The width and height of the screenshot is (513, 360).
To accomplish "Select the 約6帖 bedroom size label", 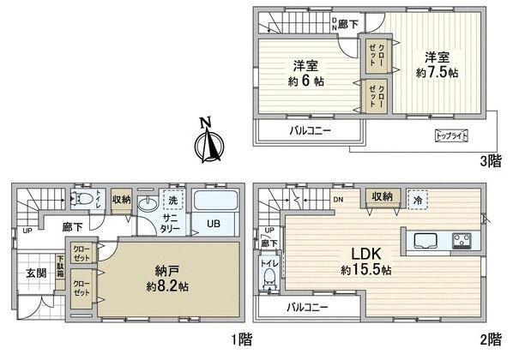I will (x=305, y=81).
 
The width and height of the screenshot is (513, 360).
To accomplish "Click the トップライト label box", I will (x=452, y=135).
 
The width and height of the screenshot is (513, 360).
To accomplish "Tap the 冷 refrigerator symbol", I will (x=416, y=196).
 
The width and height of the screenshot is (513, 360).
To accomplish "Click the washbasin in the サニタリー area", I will (x=149, y=205).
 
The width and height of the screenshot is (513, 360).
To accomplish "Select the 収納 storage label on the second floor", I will (x=381, y=197).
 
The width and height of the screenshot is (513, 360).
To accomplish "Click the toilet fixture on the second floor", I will (x=269, y=275).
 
